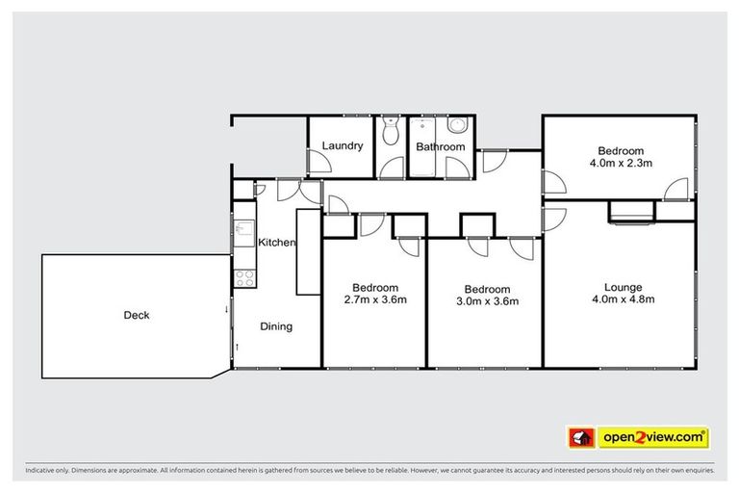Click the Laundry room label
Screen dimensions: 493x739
coord(343,146)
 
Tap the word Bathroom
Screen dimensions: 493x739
coord(440,147)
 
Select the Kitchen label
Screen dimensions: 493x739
coord(276,243)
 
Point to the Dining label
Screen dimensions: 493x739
coord(276,326)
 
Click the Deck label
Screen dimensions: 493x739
coord(137,315)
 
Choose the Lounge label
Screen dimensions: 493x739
coord(623,287)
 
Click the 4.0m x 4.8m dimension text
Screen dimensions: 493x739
coord(623,299)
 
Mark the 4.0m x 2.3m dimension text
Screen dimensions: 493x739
coord(621,164)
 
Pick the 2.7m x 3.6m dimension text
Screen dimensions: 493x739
coord(374,300)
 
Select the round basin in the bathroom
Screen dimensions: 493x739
coord(458,124)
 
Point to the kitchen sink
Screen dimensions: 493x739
coord(242,232)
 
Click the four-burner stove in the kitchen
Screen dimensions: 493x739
coord(244,278)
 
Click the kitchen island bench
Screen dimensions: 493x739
coord(307,252)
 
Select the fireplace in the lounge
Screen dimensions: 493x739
coord(631,212)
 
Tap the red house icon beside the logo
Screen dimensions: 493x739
coord(581,437)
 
